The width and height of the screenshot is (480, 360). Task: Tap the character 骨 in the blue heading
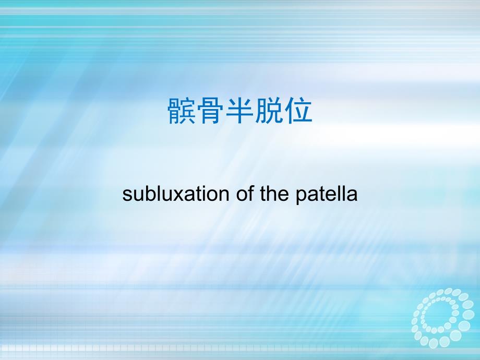pyautogui.click(x=211, y=111)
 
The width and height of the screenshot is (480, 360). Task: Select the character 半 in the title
pyautogui.click(x=239, y=111)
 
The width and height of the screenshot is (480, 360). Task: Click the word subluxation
pyautogui.click(x=176, y=194)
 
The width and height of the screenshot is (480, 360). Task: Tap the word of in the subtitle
pyautogui.click(x=245, y=194)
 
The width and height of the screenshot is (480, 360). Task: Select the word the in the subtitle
pyautogui.click(x=274, y=194)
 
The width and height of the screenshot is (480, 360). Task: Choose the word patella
pyautogui.click(x=326, y=195)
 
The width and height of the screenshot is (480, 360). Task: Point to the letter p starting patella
pyautogui.click(x=301, y=197)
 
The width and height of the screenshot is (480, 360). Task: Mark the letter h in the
pyautogui.click(x=271, y=193)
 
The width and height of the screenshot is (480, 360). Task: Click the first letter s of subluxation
pyautogui.click(x=127, y=195)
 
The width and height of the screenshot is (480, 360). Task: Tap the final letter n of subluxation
pyautogui.click(x=224, y=195)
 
